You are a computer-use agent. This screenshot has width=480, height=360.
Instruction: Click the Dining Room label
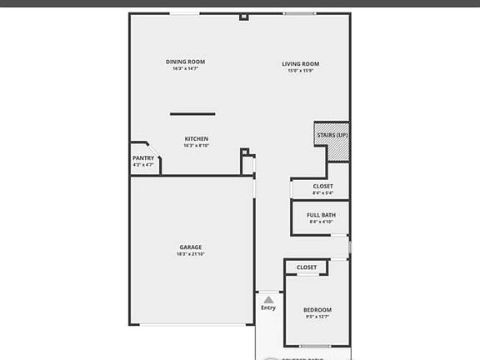coord(185,62)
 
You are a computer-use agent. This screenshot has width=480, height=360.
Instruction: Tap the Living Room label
coord(300,64)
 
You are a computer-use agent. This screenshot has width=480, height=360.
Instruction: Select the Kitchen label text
coord(196,138)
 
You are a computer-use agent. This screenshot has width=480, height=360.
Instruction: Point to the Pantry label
coord(143,158)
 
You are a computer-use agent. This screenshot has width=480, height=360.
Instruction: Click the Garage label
coord(190,247)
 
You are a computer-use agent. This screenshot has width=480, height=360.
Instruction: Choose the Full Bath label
coord(321,215)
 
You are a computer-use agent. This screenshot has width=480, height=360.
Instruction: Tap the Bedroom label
coord(317,310)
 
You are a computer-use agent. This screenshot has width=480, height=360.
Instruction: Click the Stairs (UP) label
coord(332,135)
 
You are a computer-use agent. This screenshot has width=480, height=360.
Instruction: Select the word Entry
coord(267,307)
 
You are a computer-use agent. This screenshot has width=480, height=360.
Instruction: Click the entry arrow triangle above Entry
coord(267,297)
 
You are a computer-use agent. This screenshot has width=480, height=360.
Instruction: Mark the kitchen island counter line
coord(192,113)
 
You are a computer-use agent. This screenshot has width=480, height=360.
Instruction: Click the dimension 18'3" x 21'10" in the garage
coord(190,254)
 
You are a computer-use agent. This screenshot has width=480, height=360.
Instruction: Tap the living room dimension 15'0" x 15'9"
coord(300,71)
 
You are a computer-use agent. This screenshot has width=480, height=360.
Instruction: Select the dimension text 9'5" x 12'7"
coord(317,317)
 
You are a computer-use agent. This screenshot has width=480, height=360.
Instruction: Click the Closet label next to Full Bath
coord(322,186)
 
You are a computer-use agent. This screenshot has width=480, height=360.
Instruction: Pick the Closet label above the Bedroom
coord(307,267)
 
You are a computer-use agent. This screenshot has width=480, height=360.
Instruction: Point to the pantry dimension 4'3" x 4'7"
coord(143,165)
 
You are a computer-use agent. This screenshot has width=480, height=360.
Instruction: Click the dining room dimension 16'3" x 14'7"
coord(185,68)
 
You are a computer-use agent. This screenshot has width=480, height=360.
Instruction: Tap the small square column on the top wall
coord(243,17)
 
